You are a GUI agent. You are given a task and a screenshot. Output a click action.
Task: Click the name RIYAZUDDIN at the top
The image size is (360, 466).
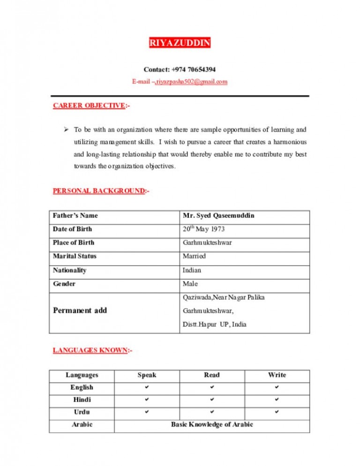(x=180, y=44)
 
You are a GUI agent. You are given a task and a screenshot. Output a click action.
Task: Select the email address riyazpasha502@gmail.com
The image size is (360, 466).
(x=191, y=82)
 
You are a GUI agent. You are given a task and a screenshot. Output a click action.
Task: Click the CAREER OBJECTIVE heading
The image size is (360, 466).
(x=89, y=106)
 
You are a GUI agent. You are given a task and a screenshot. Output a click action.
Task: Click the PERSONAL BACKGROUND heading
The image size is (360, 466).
(x=98, y=191)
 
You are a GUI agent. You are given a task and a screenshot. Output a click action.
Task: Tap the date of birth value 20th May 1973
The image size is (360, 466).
(x=203, y=229)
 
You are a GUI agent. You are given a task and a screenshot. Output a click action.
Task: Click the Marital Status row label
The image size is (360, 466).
(x=75, y=256)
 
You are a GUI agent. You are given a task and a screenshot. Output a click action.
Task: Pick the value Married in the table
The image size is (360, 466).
(x=194, y=256)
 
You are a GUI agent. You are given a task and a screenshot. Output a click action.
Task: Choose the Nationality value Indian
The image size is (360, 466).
(x=192, y=270)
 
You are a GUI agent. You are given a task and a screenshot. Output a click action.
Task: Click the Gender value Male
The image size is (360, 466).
(x=190, y=284)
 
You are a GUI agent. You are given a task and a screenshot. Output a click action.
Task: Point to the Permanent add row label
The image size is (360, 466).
(x=80, y=310)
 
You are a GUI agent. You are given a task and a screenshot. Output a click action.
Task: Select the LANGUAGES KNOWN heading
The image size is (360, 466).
(x=89, y=350)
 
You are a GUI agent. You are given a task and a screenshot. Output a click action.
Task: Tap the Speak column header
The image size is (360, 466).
(x=147, y=375)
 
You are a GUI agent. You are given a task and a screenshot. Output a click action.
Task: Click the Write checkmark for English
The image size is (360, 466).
(x=277, y=388)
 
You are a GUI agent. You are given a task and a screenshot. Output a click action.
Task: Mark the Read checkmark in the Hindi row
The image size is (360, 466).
(x=211, y=400)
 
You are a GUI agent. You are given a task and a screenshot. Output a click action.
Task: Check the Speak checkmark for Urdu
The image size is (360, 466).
(x=147, y=413)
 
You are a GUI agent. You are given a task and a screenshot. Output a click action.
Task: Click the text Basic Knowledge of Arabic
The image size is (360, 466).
(x=211, y=425)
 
